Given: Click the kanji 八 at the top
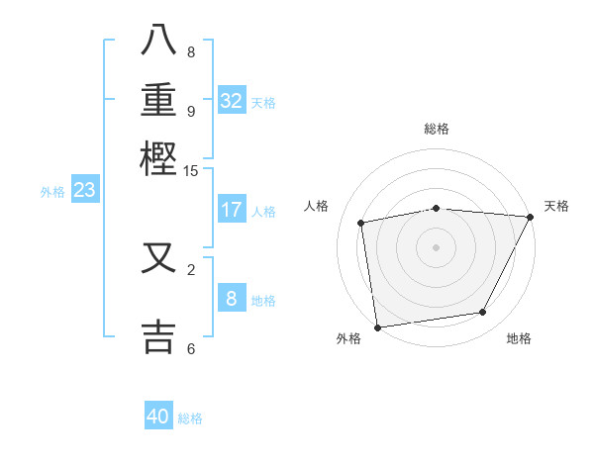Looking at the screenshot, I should point(160,41).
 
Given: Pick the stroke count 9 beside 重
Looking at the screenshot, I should point(191,110).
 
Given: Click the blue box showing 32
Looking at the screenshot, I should point(232,100).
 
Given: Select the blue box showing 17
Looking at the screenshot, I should point(232,210).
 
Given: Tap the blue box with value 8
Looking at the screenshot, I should point(232,299).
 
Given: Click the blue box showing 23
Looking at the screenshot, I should point(84,191).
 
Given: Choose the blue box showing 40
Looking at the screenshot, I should point(158,417).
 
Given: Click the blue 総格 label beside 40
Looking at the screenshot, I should point(190,418).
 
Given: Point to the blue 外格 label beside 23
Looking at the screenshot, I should point(52,192).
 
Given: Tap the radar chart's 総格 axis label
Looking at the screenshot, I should point(436,129).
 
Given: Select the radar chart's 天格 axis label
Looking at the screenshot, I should point(556,206).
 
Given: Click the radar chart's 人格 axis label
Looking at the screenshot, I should point(317,206).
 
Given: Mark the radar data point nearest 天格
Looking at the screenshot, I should point(530,217).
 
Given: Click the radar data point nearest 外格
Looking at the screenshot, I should point(377,326).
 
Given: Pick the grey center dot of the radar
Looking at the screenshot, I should point(436,246).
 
